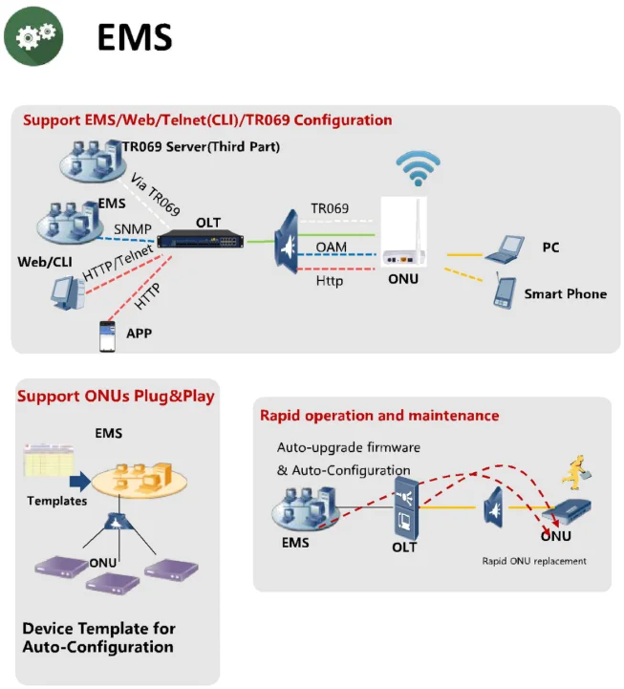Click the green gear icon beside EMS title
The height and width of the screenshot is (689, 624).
click(35, 35)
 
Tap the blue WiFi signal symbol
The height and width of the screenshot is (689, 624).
click(418, 170)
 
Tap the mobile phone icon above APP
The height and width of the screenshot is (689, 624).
click(107, 335)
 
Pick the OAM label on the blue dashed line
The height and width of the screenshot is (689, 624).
click(331, 248)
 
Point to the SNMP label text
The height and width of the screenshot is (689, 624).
click(131, 229)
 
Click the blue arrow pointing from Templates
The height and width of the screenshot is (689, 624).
click(80, 481)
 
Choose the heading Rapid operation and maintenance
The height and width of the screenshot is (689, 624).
click(379, 416)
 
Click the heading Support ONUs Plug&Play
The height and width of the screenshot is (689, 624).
click(116, 396)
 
